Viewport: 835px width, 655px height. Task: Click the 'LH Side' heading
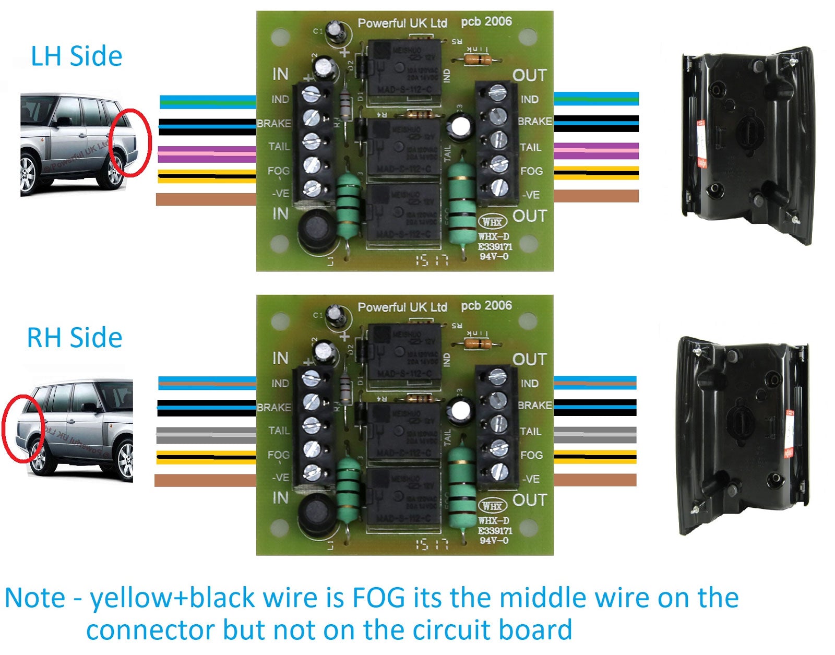pyautogui.click(x=76, y=56)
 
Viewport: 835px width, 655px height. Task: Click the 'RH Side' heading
pyautogui.click(x=74, y=338)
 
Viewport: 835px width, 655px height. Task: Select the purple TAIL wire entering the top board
pyautogui.click(x=207, y=154)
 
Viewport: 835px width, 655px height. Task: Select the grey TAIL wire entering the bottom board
pyautogui.click(x=207, y=435)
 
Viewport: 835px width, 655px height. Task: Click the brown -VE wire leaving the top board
pyautogui.click(x=596, y=196)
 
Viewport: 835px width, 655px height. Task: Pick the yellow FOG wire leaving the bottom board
pyautogui.click(x=595, y=457)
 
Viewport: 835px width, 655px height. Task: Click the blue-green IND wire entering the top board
pyautogui.click(x=207, y=101)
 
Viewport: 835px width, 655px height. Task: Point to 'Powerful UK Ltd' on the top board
pyautogui.click(x=402, y=23)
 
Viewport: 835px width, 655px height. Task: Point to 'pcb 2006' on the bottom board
pyautogui.click(x=486, y=305)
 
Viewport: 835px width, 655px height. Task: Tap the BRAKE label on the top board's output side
pyautogui.click(x=535, y=121)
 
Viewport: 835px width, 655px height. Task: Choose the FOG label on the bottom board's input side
pyautogui.click(x=278, y=455)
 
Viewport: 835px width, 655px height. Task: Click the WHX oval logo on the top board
pyautogui.click(x=492, y=222)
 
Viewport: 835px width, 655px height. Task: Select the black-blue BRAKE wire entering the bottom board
pyautogui.click(x=207, y=407)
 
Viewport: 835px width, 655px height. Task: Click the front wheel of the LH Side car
pyautogui.click(x=28, y=173)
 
